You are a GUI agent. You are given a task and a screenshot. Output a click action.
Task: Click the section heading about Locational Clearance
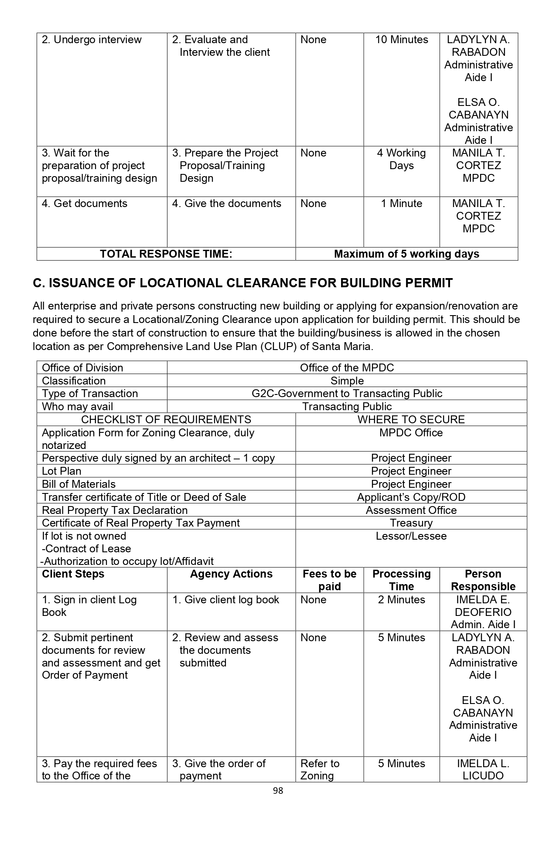[242, 283]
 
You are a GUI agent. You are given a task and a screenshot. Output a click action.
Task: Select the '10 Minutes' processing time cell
[401, 40]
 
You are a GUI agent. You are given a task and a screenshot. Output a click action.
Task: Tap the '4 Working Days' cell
[401, 159]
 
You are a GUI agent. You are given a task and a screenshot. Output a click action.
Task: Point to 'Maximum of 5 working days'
[406, 254]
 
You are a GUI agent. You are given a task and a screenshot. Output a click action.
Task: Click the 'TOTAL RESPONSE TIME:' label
[166, 254]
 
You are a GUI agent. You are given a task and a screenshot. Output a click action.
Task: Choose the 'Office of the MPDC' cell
[347, 368]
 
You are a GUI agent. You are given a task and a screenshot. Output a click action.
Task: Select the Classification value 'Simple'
[347, 381]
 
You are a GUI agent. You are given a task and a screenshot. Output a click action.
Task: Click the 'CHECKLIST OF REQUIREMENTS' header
[166, 420]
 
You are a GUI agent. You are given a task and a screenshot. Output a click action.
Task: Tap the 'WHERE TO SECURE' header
[411, 420]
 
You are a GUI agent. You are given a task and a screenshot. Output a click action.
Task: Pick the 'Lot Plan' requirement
[61, 471]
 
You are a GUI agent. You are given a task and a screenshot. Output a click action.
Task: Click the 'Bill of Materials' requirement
[78, 484]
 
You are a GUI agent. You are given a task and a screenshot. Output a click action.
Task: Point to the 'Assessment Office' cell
[411, 510]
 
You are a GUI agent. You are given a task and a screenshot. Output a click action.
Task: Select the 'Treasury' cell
[411, 523]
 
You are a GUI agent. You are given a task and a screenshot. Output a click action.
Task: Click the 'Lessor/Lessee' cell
[411, 536]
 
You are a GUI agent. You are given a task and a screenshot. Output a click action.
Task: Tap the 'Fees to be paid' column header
[329, 580]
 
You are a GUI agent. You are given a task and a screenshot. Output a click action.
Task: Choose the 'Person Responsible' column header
[483, 580]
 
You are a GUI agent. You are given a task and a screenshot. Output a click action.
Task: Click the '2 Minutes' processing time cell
[401, 600]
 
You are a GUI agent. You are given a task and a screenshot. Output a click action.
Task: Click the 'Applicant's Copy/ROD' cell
[411, 497]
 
